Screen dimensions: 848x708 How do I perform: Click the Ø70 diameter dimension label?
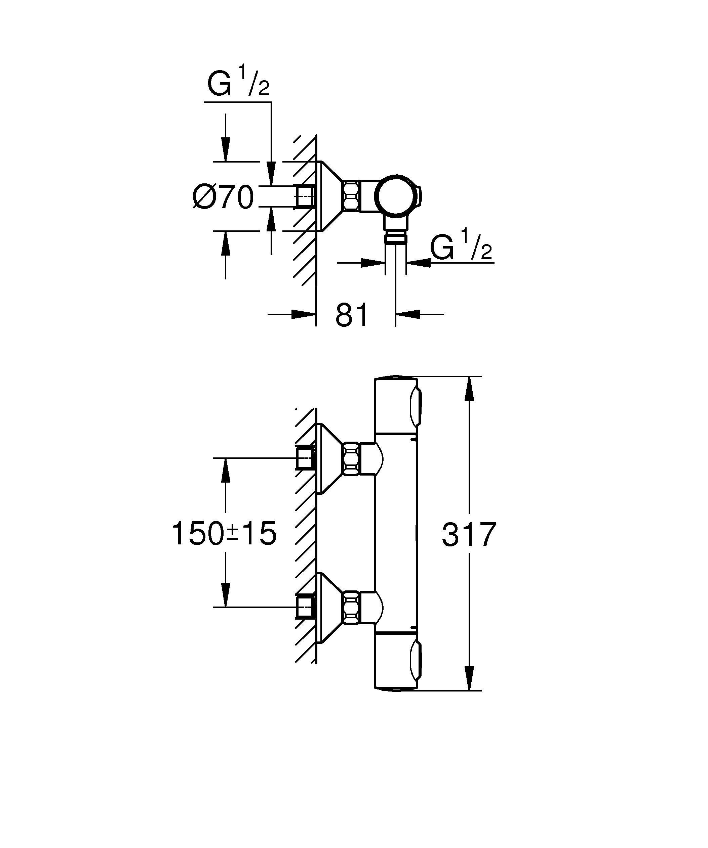[x=224, y=197]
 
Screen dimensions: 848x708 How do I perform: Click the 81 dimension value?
[x=352, y=315]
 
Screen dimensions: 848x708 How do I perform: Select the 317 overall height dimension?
[x=469, y=535]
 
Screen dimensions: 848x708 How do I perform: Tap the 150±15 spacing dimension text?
[x=224, y=533]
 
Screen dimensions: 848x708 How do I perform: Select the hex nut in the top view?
[x=351, y=196]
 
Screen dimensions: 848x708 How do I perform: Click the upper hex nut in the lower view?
[x=351, y=458]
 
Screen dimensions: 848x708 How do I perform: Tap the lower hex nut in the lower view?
[x=351, y=608]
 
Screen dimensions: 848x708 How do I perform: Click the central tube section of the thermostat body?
[x=396, y=533]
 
